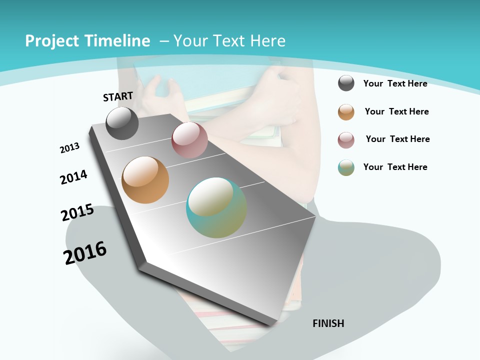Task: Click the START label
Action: click(118, 96)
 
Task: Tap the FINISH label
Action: click(328, 323)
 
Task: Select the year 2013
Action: click(69, 148)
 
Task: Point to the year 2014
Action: click(73, 177)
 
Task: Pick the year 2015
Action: click(77, 212)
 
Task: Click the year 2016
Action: click(85, 253)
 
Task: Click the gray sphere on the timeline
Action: click(122, 123)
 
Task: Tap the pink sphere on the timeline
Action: click(189, 140)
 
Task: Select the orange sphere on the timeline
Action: click(145, 180)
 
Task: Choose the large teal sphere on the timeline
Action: click(216, 207)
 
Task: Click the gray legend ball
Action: click(346, 83)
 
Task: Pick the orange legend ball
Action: click(346, 112)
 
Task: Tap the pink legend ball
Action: click(346, 140)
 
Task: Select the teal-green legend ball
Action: click(346, 167)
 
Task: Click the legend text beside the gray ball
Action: click(395, 83)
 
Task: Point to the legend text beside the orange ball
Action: click(396, 111)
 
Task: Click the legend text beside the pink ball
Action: click(397, 139)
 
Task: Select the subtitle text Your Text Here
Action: click(229, 41)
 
